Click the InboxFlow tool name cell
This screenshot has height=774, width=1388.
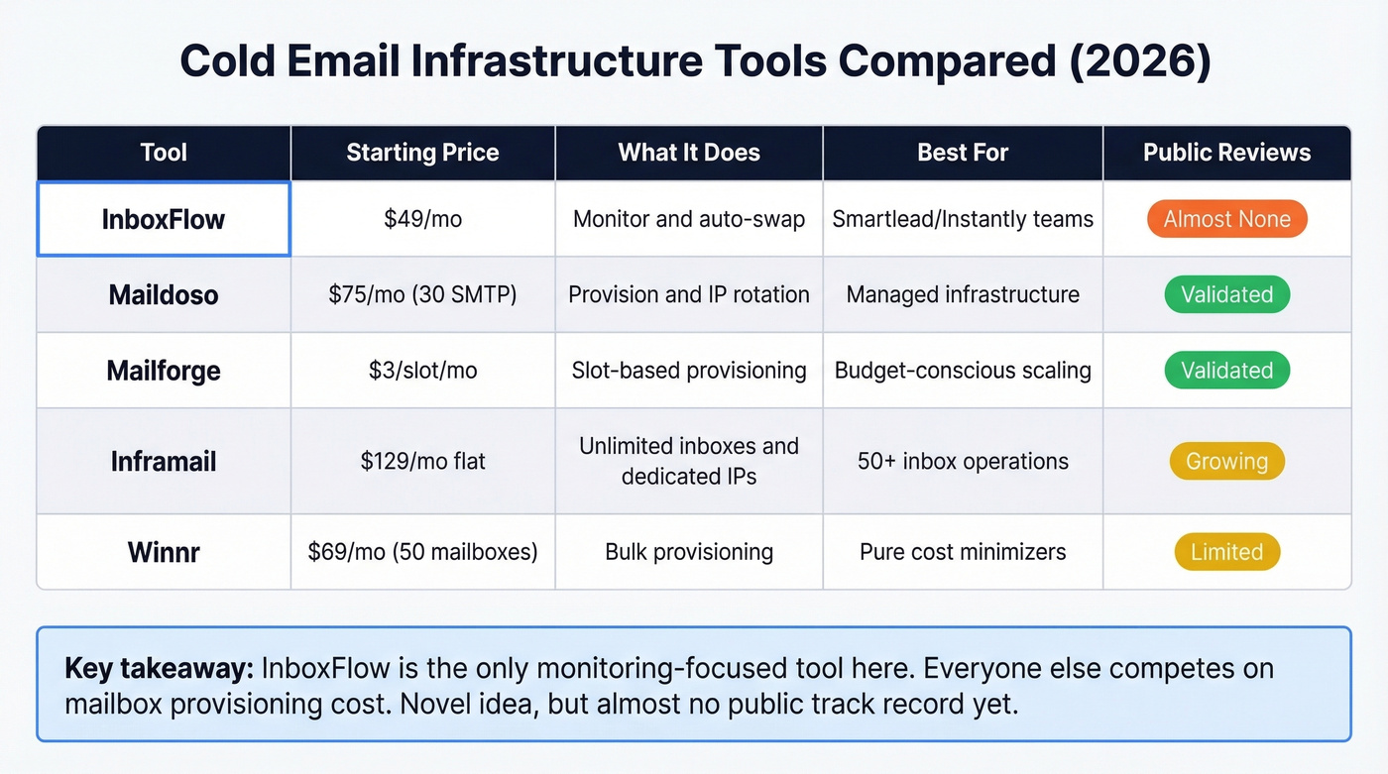[x=164, y=219]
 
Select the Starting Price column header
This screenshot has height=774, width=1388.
[x=422, y=153]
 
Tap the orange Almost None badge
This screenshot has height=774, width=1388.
[x=1226, y=219]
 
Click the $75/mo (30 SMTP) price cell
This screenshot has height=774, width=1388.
[x=422, y=294]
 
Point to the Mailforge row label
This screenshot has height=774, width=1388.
[x=164, y=371]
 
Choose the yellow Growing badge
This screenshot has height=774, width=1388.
[x=1226, y=461]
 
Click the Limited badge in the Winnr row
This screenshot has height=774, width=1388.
[x=1226, y=552]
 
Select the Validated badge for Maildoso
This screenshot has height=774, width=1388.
[x=1226, y=294]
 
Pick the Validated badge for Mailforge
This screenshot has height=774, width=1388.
[x=1226, y=371]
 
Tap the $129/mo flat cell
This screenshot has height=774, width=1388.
[x=422, y=461]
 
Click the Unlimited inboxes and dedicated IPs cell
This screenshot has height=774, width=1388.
[x=689, y=461]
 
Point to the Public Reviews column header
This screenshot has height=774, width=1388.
[x=1226, y=153]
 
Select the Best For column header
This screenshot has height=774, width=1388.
[x=963, y=153]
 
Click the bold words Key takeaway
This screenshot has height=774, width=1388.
[x=159, y=668]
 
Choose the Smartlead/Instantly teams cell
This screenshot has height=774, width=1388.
[x=963, y=219]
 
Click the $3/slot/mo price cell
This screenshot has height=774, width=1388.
[x=422, y=371]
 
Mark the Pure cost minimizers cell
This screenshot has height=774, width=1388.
[x=963, y=552]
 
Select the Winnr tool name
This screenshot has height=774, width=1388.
[x=164, y=552]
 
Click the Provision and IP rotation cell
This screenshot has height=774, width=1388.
[x=689, y=294]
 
